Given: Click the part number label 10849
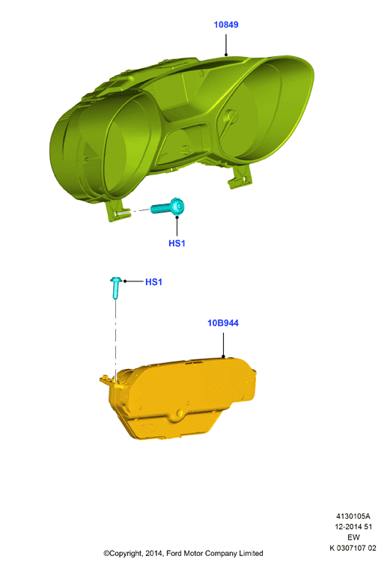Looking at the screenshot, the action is click(226, 25).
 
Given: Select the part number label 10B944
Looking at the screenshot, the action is click(223, 323).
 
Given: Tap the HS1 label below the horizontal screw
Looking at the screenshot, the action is click(177, 243).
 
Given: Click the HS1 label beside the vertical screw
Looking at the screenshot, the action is click(153, 282).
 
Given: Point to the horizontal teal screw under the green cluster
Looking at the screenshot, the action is click(168, 207).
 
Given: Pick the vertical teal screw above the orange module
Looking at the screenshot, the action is click(115, 288).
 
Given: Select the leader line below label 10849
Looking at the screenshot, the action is click(226, 45).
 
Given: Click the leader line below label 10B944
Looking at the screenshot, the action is click(223, 345).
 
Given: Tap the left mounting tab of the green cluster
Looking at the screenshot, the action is click(117, 211).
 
